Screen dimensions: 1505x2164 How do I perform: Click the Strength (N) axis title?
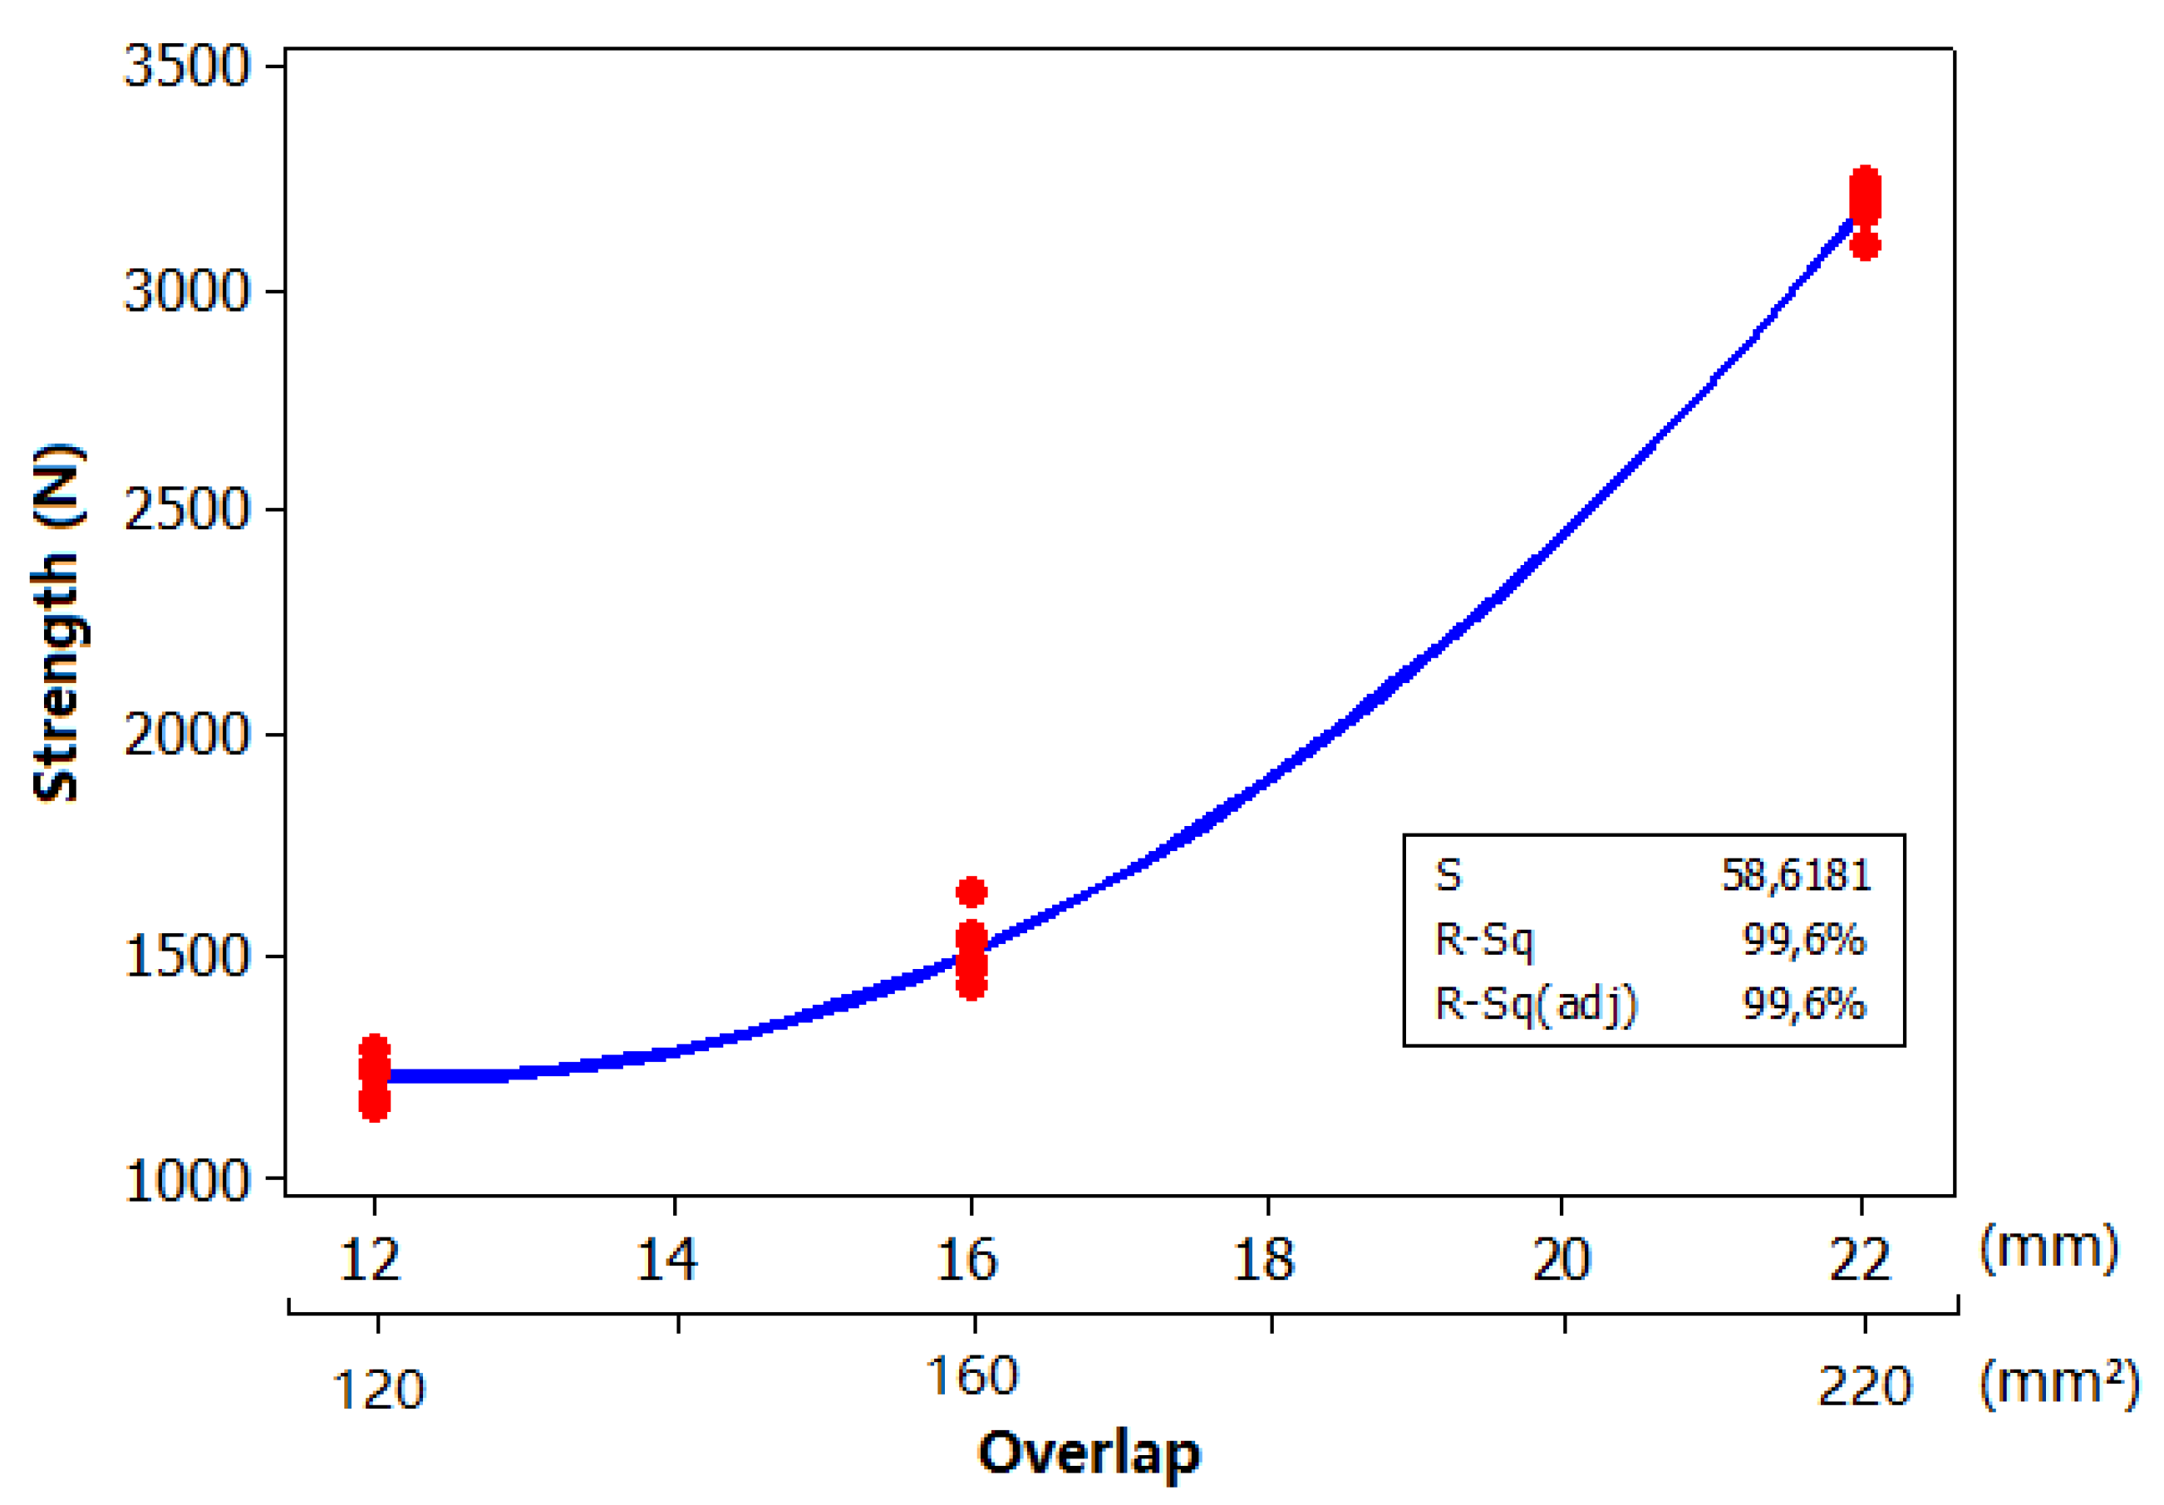click(58, 622)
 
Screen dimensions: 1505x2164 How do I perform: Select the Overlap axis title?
click(1089, 1452)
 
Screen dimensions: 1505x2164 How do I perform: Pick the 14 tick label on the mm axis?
click(666, 1260)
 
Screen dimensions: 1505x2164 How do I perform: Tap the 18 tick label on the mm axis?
click(1264, 1260)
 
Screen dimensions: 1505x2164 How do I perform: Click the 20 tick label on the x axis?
click(1562, 1260)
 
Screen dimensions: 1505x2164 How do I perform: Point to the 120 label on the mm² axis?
click(379, 1390)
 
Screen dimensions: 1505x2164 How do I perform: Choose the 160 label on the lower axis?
click(971, 1376)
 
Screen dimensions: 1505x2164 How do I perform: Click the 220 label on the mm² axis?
click(1864, 1386)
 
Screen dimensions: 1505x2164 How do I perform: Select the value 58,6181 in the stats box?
click(1796, 875)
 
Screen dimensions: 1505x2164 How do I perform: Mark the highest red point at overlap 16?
click(971, 892)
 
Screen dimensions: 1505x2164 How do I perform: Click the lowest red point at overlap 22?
click(1865, 246)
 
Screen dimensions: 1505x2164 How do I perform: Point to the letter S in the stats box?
click(1448, 875)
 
